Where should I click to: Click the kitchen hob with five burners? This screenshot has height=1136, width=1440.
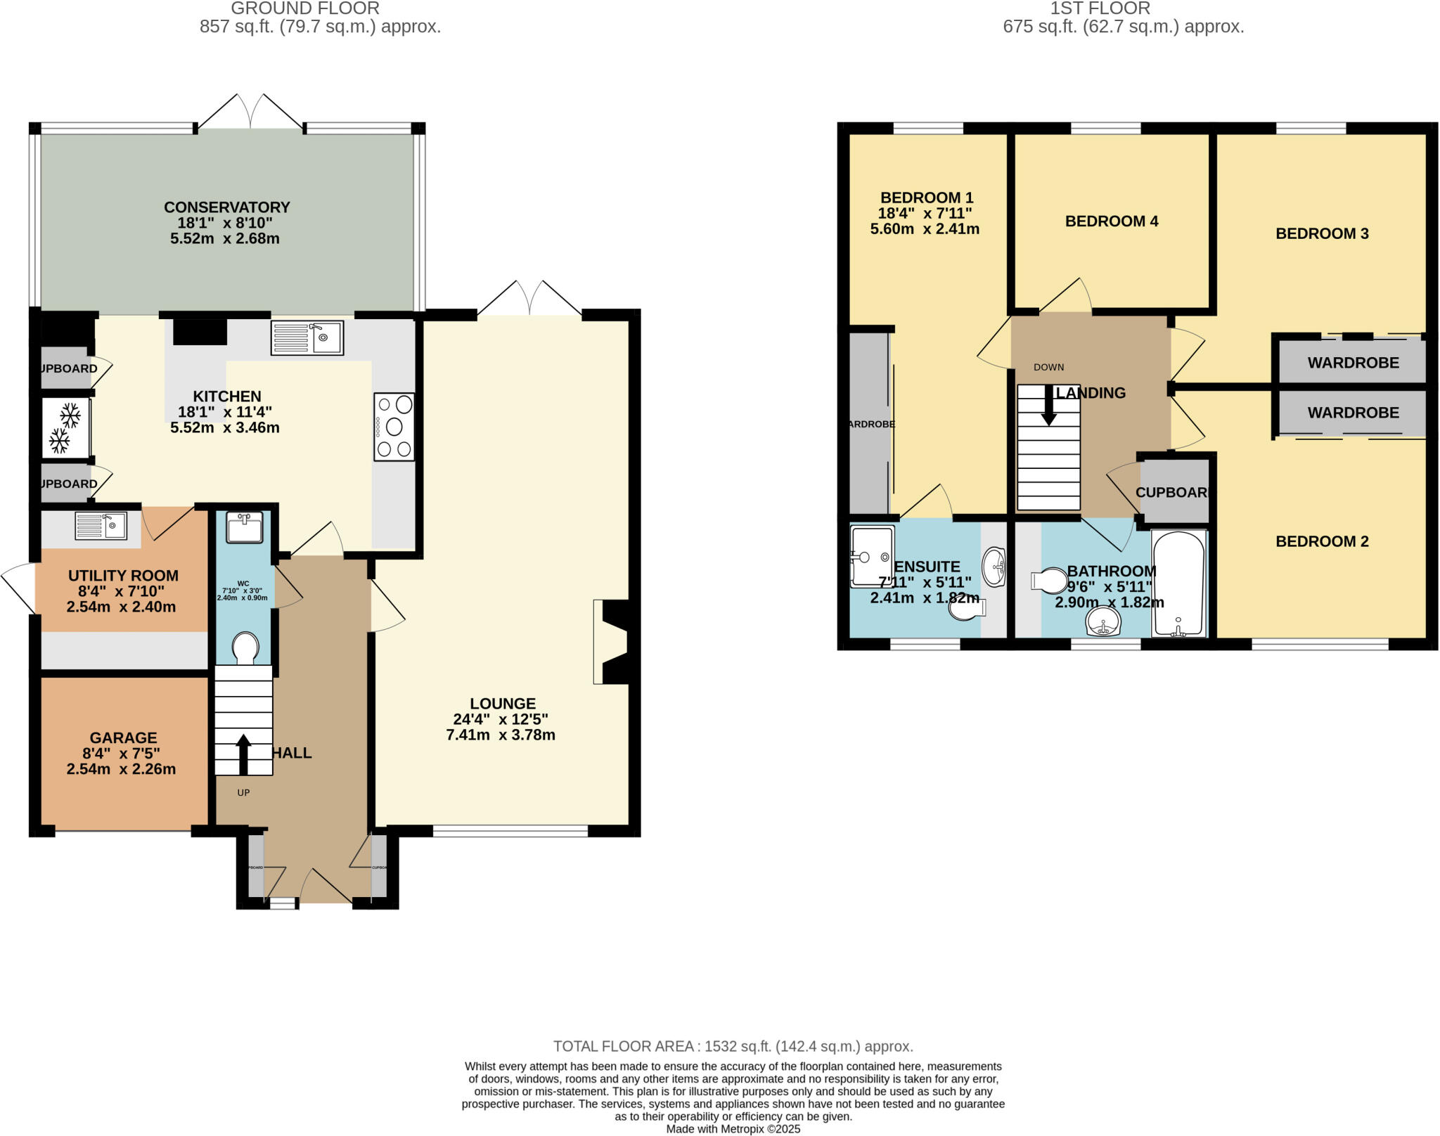(394, 427)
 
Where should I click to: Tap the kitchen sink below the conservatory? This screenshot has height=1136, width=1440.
(307, 338)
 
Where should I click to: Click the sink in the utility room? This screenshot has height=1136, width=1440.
(101, 526)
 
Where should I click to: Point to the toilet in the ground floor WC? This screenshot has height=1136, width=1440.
(245, 647)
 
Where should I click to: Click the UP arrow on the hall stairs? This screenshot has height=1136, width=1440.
(243, 753)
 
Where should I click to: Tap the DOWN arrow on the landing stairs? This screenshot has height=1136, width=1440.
(1048, 406)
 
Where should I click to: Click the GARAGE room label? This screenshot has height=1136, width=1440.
(123, 737)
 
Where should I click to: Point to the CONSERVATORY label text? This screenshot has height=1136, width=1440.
(226, 207)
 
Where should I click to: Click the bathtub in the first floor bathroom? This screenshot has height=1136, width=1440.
(1178, 585)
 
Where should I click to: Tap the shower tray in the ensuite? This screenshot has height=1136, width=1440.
(872, 557)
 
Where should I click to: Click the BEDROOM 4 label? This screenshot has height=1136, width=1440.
(1111, 221)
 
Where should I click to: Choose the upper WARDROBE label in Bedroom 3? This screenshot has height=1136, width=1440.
(1353, 363)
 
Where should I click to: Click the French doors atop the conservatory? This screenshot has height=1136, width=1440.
(250, 112)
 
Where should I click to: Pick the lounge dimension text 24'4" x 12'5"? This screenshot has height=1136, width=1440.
(501, 719)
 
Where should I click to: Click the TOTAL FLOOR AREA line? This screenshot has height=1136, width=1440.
(733, 1046)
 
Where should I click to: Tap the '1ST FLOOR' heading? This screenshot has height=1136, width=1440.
(1100, 8)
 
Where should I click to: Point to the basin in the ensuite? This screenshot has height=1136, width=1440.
(994, 567)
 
